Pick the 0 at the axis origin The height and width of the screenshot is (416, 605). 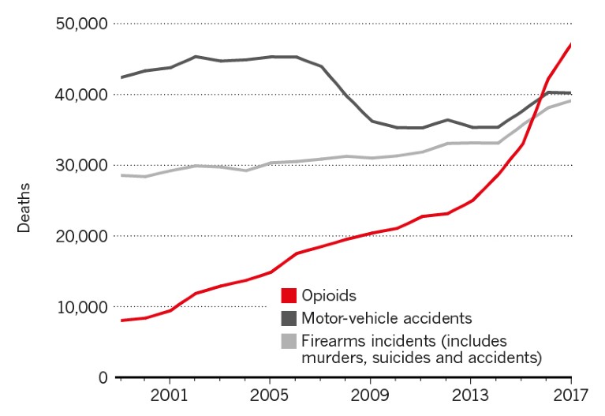tap(103, 377)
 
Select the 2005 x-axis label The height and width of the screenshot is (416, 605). tap(270, 394)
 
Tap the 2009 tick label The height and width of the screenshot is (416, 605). tap(370, 394)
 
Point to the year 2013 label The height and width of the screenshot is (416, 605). tap(470, 394)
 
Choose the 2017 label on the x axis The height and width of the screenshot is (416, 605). tap(570, 394)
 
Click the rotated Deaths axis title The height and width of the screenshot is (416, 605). tap(24, 209)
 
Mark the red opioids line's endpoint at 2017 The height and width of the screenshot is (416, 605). tap(570, 44)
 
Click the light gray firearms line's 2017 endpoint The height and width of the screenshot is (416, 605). tap(570, 100)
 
